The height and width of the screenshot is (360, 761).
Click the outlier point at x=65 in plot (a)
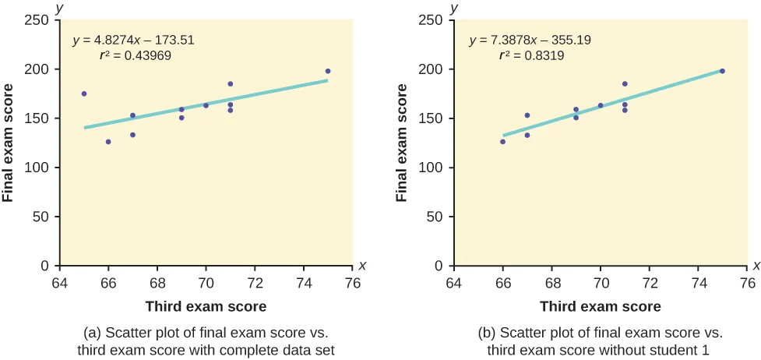tap(84, 94)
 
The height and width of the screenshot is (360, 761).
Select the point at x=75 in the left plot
tap(328, 71)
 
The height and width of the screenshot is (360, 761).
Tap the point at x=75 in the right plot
tap(722, 71)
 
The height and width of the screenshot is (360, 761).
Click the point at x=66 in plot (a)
tap(108, 142)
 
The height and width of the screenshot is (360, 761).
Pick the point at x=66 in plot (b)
tap(502, 142)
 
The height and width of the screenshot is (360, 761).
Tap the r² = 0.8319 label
tap(531, 56)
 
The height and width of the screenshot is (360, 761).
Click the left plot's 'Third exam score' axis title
tap(206, 306)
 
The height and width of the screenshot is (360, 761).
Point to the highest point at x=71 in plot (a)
tap(231, 84)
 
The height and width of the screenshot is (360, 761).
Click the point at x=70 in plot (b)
tap(601, 105)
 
